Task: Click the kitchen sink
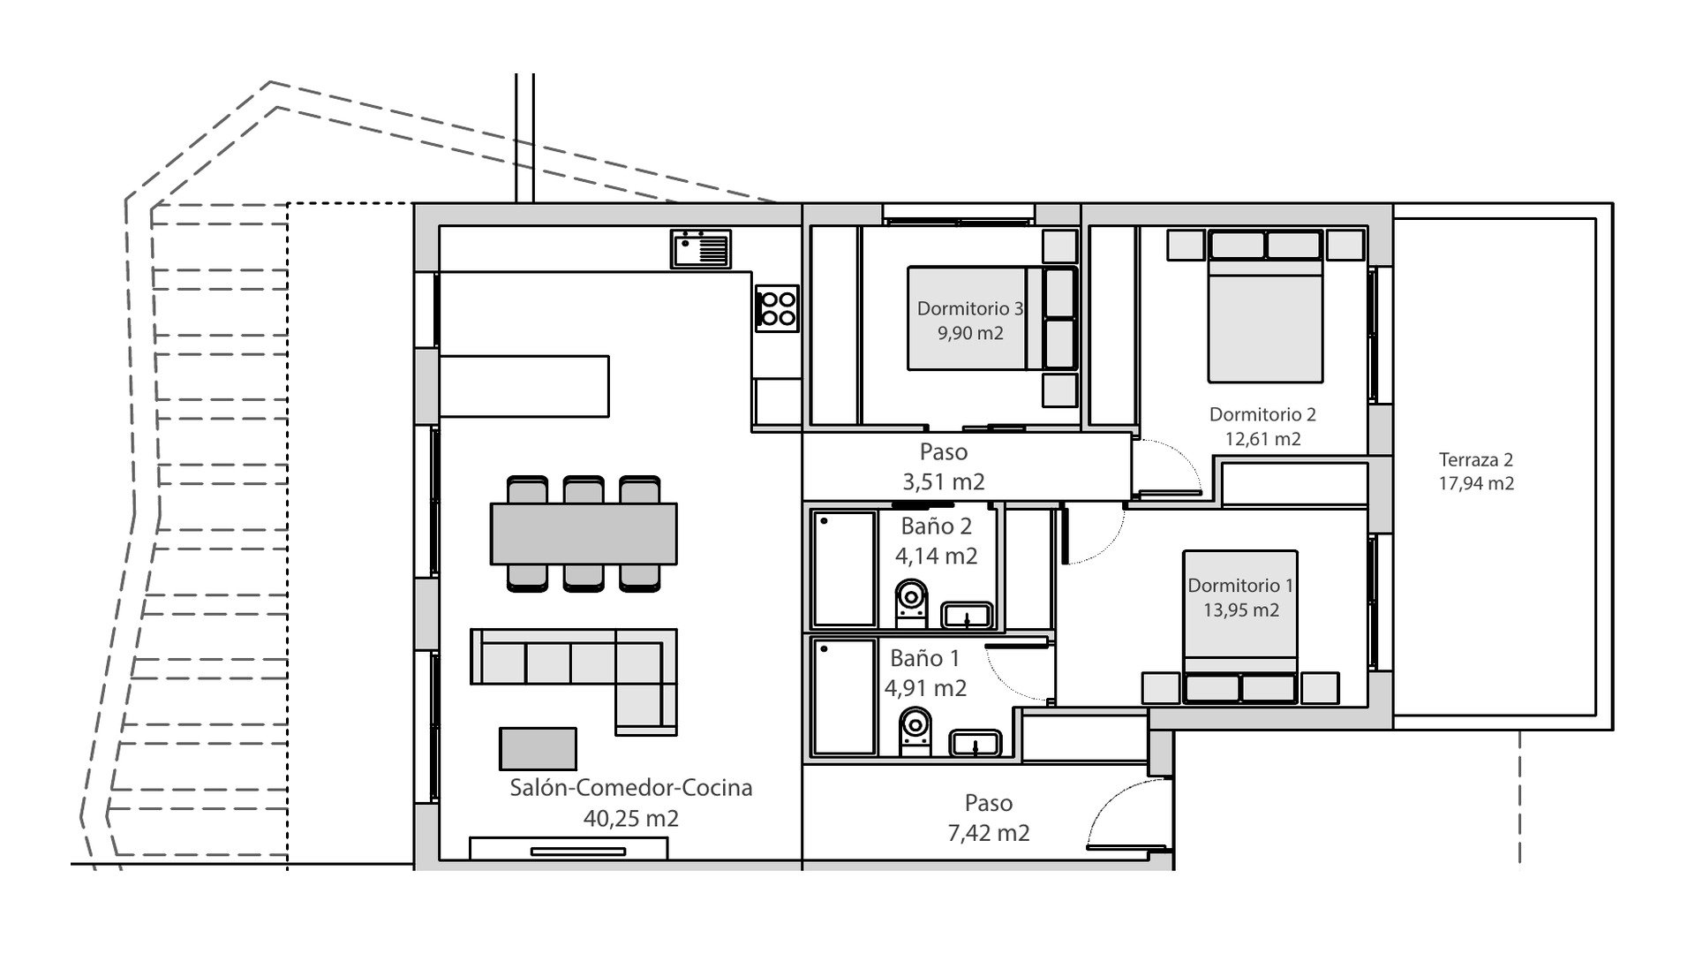[700, 248]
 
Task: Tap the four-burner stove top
[777, 308]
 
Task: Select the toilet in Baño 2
[911, 602]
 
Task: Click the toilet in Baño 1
[914, 732]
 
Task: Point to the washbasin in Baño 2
[968, 614]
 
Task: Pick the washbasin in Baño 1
[975, 743]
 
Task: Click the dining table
[584, 534]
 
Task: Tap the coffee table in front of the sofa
[538, 749]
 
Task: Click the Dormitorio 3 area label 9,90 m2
[970, 333]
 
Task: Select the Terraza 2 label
[1476, 459]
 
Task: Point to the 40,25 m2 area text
[631, 819]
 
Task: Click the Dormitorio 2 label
[1262, 414]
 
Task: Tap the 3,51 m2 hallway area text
[944, 481]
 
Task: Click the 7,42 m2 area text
[988, 833]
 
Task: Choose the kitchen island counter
[524, 386]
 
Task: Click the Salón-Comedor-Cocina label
[631, 787]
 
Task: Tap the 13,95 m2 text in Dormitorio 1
[1240, 610]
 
